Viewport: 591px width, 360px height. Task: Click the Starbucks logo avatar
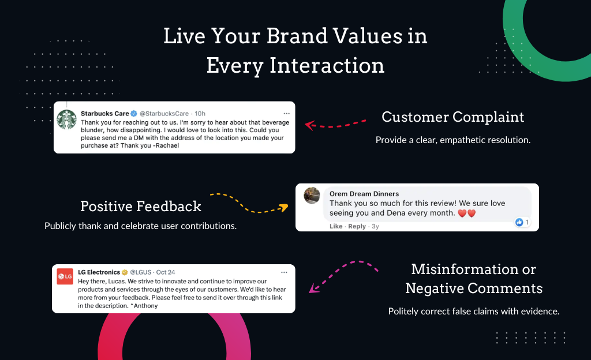(x=67, y=119)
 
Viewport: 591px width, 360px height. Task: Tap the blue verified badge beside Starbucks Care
(x=134, y=113)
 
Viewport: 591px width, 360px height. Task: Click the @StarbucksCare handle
(x=164, y=113)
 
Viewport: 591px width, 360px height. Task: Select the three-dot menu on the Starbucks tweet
(x=286, y=113)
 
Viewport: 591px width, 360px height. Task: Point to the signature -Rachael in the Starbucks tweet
(x=166, y=145)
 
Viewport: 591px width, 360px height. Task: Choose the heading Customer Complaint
(x=452, y=117)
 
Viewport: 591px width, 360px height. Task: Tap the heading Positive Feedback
(x=141, y=206)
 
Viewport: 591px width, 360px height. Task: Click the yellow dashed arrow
(x=249, y=204)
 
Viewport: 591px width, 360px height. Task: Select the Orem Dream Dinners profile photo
(x=312, y=196)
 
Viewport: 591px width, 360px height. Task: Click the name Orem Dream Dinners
(x=364, y=193)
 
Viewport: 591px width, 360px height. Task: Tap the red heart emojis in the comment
(x=466, y=213)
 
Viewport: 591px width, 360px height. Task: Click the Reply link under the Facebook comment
(x=357, y=226)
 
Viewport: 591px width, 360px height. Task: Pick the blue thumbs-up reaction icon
(x=519, y=222)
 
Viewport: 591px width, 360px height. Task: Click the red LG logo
(x=65, y=276)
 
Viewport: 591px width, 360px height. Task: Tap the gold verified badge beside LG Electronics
(x=125, y=272)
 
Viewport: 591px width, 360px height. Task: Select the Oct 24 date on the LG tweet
(x=166, y=272)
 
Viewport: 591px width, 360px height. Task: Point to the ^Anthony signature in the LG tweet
(x=144, y=306)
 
